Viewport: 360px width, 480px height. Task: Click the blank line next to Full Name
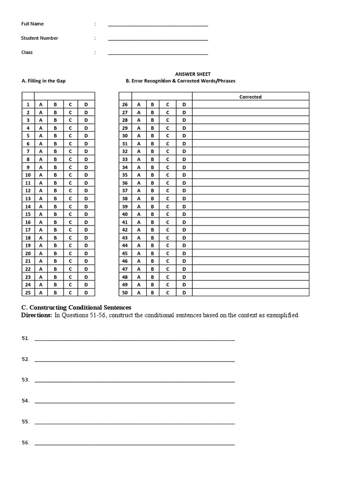coord(158,25)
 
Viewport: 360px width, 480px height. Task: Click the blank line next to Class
coord(158,54)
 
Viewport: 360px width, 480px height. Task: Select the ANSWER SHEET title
coord(193,74)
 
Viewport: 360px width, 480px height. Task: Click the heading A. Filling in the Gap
coord(44,81)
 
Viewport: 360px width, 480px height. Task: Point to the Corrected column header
coord(250,97)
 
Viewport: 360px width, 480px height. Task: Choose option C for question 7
coord(70,151)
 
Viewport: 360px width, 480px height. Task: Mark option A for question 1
coord(41,105)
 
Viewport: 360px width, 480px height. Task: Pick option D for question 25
coord(86,292)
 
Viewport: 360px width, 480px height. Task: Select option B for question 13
coord(55,198)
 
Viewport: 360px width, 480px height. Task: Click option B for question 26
coord(152,105)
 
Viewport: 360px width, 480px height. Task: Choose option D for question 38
coord(184,198)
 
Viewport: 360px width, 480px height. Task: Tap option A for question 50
coord(139,292)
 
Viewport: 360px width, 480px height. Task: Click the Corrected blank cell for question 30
coord(250,136)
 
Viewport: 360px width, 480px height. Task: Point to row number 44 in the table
coord(125,246)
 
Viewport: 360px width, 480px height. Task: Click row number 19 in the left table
coord(28,246)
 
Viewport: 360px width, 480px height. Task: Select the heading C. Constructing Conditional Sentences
coord(76,307)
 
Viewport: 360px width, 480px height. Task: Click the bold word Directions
coord(37,315)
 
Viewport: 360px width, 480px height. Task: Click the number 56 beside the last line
coord(25,442)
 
